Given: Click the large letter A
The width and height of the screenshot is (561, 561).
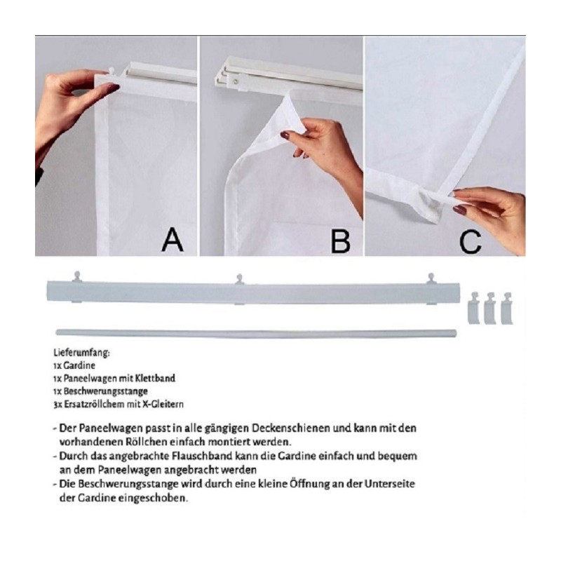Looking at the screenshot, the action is point(173,240).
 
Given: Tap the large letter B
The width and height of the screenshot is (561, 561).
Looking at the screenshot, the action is point(340,241).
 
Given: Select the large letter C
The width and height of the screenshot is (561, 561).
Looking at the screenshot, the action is point(470,241).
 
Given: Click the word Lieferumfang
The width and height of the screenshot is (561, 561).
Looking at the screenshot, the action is point(81,353).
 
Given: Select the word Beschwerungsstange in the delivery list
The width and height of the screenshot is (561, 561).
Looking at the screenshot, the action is point(106,391).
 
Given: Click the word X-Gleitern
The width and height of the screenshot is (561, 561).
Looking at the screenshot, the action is point(163,405).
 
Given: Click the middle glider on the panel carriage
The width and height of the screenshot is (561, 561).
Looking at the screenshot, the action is point(240,279).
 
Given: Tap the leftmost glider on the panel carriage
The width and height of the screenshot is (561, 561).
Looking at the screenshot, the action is point(77,277).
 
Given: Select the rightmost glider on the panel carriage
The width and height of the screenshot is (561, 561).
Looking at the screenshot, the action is point(431,278).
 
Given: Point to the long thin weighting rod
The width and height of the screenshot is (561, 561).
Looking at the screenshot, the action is point(256,334).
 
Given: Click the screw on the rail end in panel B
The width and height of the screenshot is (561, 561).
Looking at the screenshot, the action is point(236,82).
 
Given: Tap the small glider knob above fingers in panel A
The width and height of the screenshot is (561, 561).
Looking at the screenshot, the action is point(111,71).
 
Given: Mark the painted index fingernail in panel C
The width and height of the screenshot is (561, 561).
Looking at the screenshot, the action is point(460,210).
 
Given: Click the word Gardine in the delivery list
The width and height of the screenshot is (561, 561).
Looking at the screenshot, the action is point(79,365).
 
